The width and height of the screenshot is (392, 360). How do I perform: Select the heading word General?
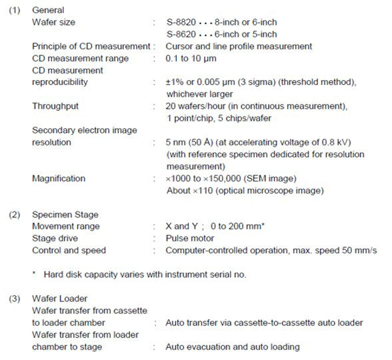(49, 11)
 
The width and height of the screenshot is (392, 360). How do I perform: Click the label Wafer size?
(53, 23)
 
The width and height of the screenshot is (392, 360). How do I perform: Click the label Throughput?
(55, 106)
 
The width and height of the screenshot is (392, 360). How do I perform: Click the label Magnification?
(59, 179)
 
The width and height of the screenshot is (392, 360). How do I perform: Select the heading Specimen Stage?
(65, 215)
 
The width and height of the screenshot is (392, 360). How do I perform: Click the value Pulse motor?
(190, 239)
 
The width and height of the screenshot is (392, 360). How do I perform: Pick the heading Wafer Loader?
(60, 299)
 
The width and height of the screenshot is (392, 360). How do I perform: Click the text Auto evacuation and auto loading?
(233, 347)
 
